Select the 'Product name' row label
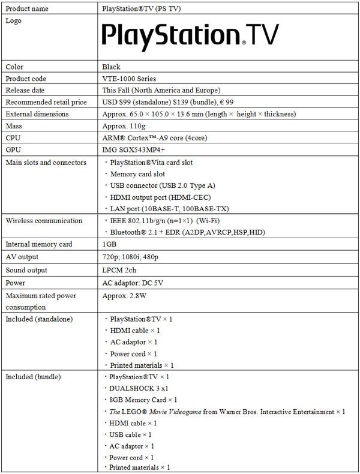point(28,9)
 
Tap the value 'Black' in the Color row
point(112,67)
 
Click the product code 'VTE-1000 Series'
point(130,79)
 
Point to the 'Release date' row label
point(26,90)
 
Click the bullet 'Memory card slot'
point(137,174)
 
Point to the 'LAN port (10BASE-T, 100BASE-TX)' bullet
point(169,208)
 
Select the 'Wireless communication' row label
point(44,221)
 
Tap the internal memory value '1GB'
point(110,244)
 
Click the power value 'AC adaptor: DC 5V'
point(134,282)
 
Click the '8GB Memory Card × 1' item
point(143,400)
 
